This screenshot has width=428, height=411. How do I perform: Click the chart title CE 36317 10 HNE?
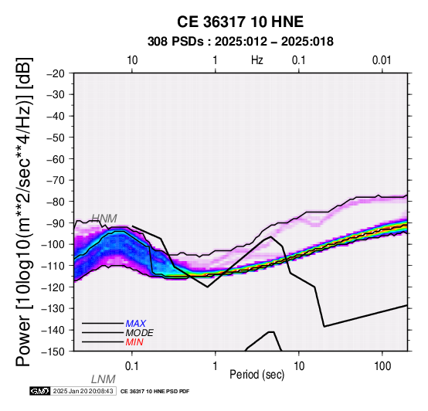240,22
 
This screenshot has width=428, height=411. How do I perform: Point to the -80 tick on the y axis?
56,202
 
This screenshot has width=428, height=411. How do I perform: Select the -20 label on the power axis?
56,73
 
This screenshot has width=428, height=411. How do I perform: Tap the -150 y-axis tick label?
53,352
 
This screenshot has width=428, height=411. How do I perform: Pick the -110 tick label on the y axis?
53,266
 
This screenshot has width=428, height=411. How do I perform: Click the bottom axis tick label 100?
382,366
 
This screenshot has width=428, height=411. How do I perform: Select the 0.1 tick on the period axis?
132,366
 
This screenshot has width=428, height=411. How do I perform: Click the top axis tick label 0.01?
382,60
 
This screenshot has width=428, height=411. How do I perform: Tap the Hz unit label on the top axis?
257,60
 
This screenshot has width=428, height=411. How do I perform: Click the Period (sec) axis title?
256,375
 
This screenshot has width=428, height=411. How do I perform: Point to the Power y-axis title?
24,212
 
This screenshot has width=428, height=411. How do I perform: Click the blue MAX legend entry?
136,324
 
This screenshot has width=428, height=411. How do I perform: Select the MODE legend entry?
140,333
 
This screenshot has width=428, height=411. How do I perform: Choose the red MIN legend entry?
134,342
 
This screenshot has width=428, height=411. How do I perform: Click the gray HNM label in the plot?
104,219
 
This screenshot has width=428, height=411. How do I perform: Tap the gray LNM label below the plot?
104,379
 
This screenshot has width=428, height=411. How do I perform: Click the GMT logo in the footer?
40,392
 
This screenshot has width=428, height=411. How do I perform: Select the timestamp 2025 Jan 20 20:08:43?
83,392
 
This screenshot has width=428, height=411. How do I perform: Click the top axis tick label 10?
132,60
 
